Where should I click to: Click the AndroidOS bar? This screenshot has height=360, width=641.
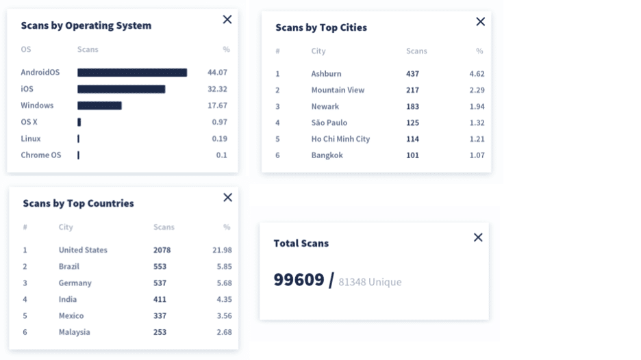(132, 73)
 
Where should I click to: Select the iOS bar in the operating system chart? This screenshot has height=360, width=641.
(121, 89)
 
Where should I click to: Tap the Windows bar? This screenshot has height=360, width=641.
(99, 105)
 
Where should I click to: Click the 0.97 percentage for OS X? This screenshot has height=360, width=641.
(220, 122)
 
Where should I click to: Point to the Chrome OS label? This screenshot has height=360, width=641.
(41, 155)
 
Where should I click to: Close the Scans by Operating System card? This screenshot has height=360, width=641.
(227, 20)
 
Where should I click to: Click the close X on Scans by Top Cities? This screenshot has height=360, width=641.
(480, 22)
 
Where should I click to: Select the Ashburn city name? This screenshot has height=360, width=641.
(326, 73)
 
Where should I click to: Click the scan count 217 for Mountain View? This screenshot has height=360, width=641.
(412, 90)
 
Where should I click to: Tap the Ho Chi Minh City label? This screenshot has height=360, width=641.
(340, 139)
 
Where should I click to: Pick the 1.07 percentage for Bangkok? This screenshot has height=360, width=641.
(477, 155)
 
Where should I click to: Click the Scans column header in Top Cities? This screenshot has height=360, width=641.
(416, 51)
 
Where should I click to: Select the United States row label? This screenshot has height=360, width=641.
(83, 250)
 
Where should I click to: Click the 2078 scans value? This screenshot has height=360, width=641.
(162, 250)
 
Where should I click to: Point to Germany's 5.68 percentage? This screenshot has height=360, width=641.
(224, 283)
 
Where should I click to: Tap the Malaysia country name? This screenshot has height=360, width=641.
(75, 332)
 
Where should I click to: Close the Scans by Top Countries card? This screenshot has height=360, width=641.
(227, 197)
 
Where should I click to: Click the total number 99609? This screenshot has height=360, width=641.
(299, 280)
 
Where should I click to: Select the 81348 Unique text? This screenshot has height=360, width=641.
(370, 282)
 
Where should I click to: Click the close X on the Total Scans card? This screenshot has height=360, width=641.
(478, 237)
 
